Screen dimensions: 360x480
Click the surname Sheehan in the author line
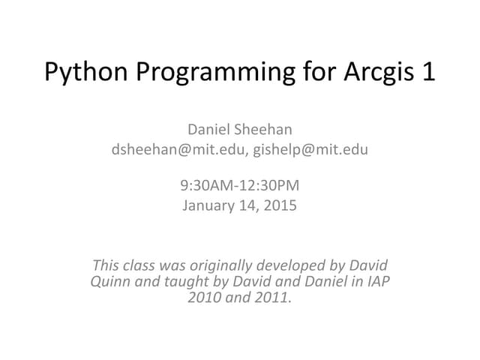(276, 130)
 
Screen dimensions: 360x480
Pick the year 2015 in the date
(280, 204)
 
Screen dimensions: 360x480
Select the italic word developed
(297, 265)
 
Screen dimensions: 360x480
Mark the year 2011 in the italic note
(272, 298)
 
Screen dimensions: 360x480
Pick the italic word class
(142, 265)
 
